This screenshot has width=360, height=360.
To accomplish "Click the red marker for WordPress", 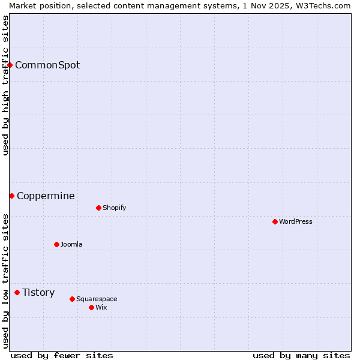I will (275, 221).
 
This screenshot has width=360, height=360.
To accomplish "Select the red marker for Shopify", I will (98, 208).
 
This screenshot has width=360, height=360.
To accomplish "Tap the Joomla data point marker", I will (56, 244).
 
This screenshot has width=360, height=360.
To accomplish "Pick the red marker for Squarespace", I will (72, 299).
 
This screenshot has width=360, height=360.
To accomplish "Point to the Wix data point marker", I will (91, 307).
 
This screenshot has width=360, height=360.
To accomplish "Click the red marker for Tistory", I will (17, 292).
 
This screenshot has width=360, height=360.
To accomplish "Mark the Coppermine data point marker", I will (11, 196).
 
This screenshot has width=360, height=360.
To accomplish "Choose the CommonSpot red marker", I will (10, 65).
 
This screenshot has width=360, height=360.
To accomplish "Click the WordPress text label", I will (296, 221).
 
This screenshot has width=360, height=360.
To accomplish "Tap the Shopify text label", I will (115, 208).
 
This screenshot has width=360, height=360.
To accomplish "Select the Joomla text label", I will (71, 244).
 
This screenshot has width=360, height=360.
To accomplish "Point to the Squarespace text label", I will (97, 299).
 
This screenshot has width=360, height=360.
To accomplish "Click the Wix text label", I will (101, 307).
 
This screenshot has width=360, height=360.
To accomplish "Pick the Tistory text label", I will (38, 292).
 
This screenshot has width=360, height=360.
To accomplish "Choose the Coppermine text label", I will (46, 196).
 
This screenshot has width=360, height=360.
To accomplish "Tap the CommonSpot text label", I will (47, 65).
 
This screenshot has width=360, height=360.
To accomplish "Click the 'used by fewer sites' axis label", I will (62, 355).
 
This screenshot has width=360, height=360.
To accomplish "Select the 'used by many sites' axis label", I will (301, 355).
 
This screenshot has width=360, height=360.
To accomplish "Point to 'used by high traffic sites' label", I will (5, 85).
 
